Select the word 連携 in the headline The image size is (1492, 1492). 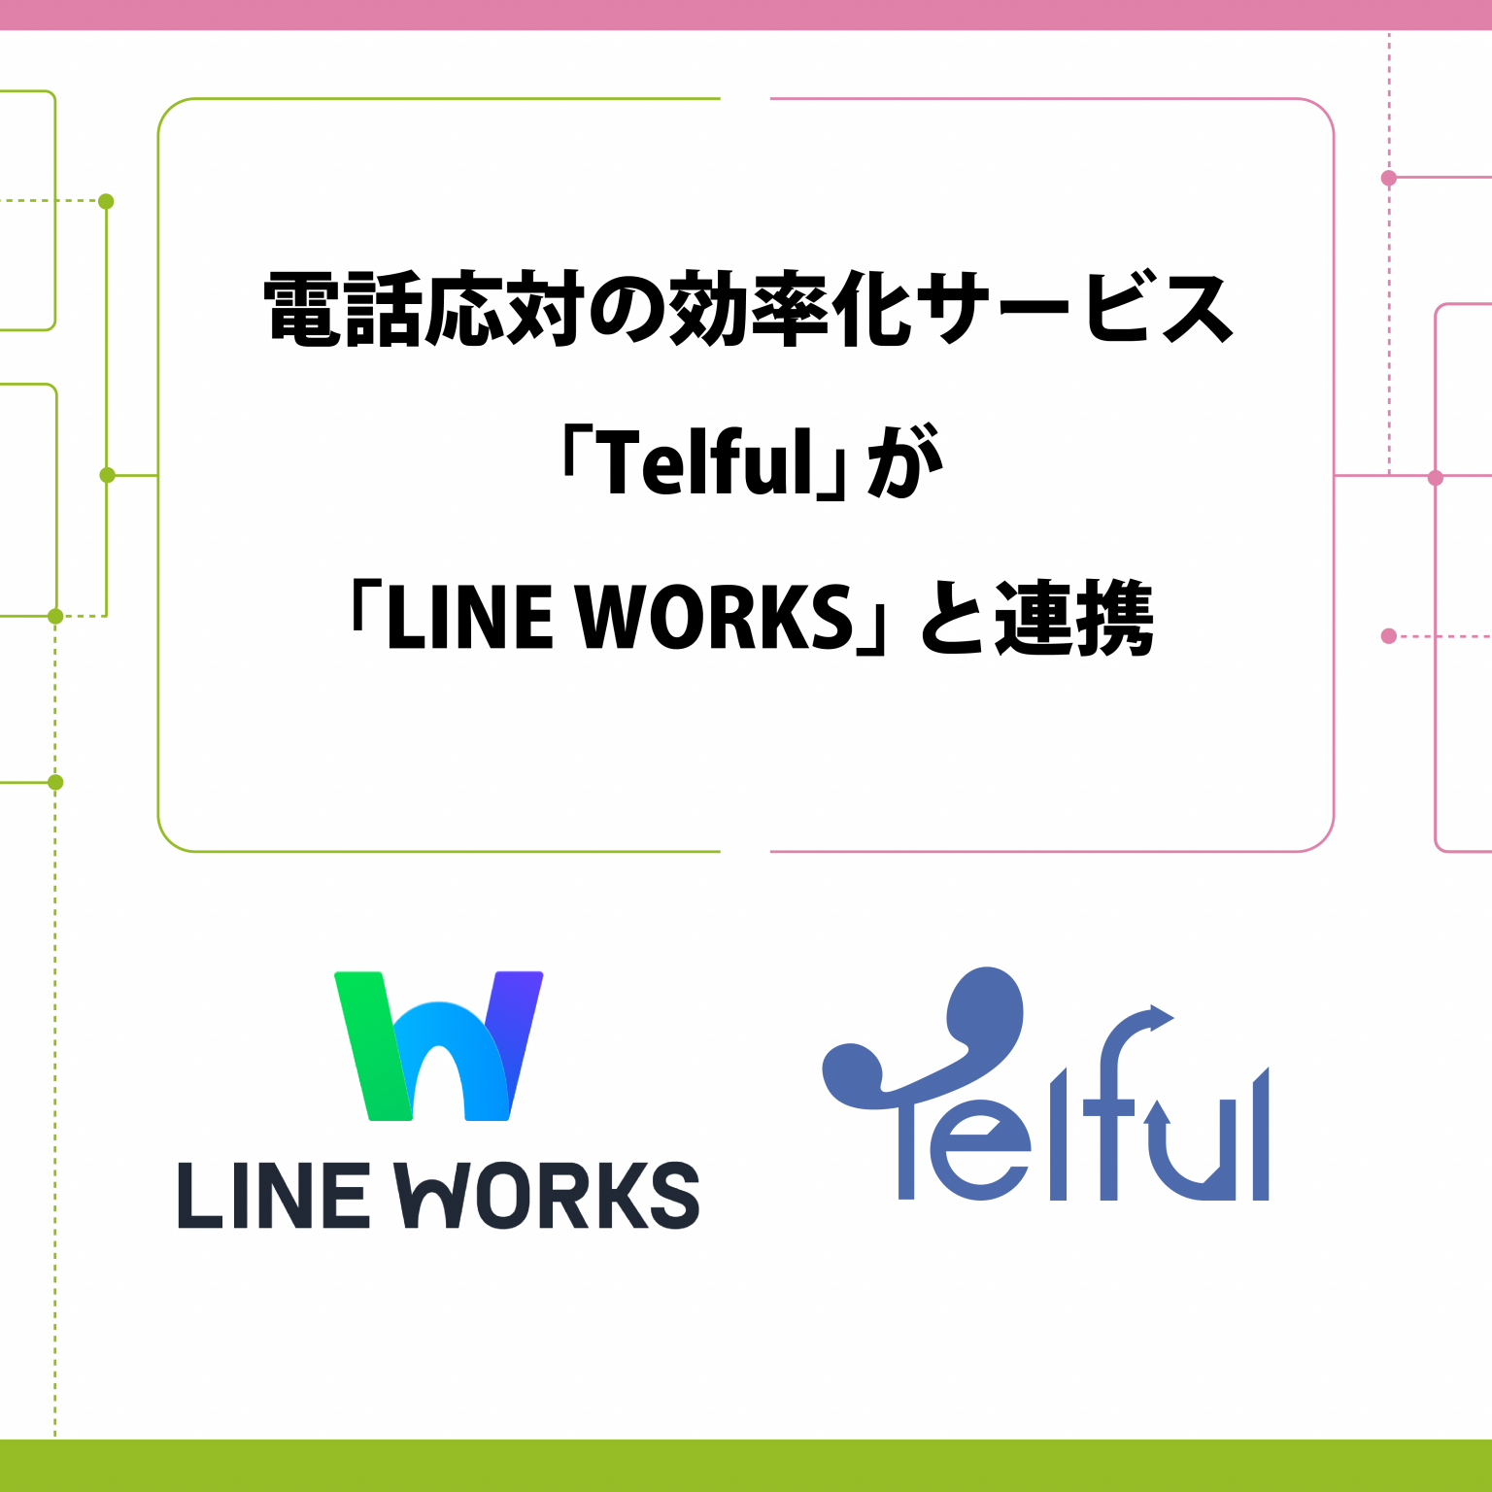(1074, 618)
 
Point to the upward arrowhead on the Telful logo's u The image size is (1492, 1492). (1157, 1112)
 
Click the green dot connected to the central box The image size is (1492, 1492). (107, 475)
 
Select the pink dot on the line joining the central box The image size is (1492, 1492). (1436, 477)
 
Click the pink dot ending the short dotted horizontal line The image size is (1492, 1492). (1389, 636)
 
